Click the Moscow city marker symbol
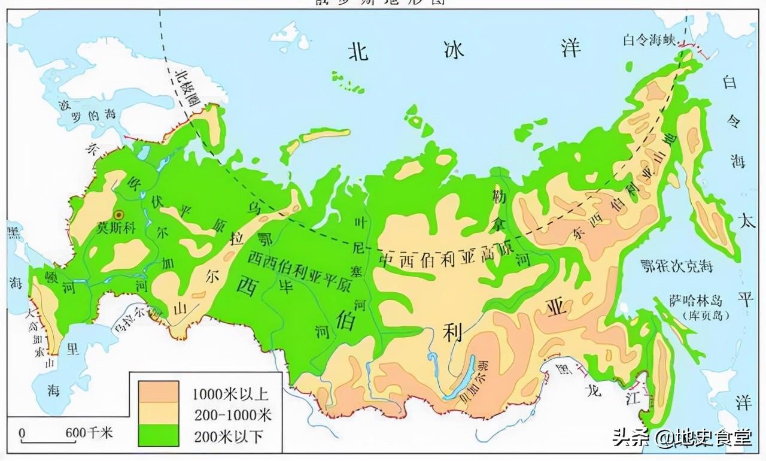(x=118, y=214)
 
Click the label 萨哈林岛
(x=689, y=301)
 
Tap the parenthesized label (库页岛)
(x=688, y=314)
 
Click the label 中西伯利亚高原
(x=446, y=260)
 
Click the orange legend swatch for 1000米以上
(x=158, y=392)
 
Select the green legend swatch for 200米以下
(x=158, y=435)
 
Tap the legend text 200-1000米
(x=232, y=414)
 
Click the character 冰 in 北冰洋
(x=454, y=50)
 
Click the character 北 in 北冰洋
(x=358, y=51)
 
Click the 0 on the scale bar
(x=22, y=432)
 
